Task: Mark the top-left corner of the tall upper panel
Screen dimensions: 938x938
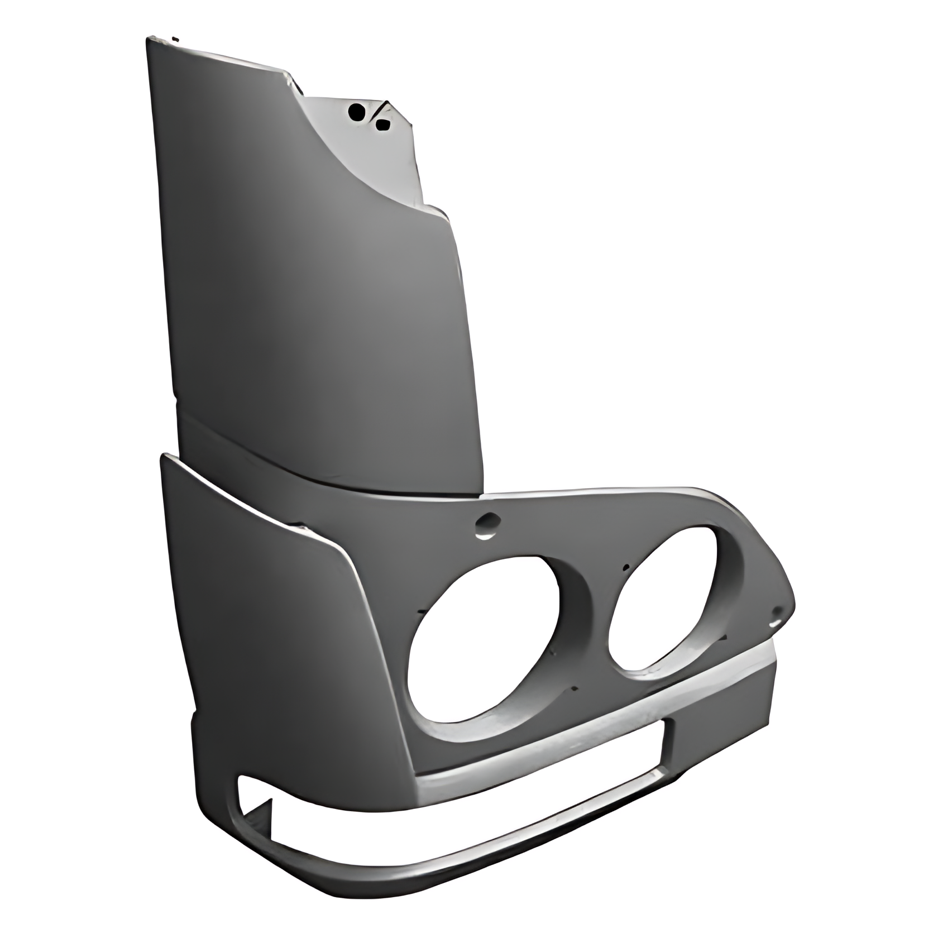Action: click(x=149, y=40)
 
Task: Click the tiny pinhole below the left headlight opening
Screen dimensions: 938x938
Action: click(x=575, y=688)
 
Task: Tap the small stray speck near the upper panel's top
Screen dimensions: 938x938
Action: click(x=176, y=39)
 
